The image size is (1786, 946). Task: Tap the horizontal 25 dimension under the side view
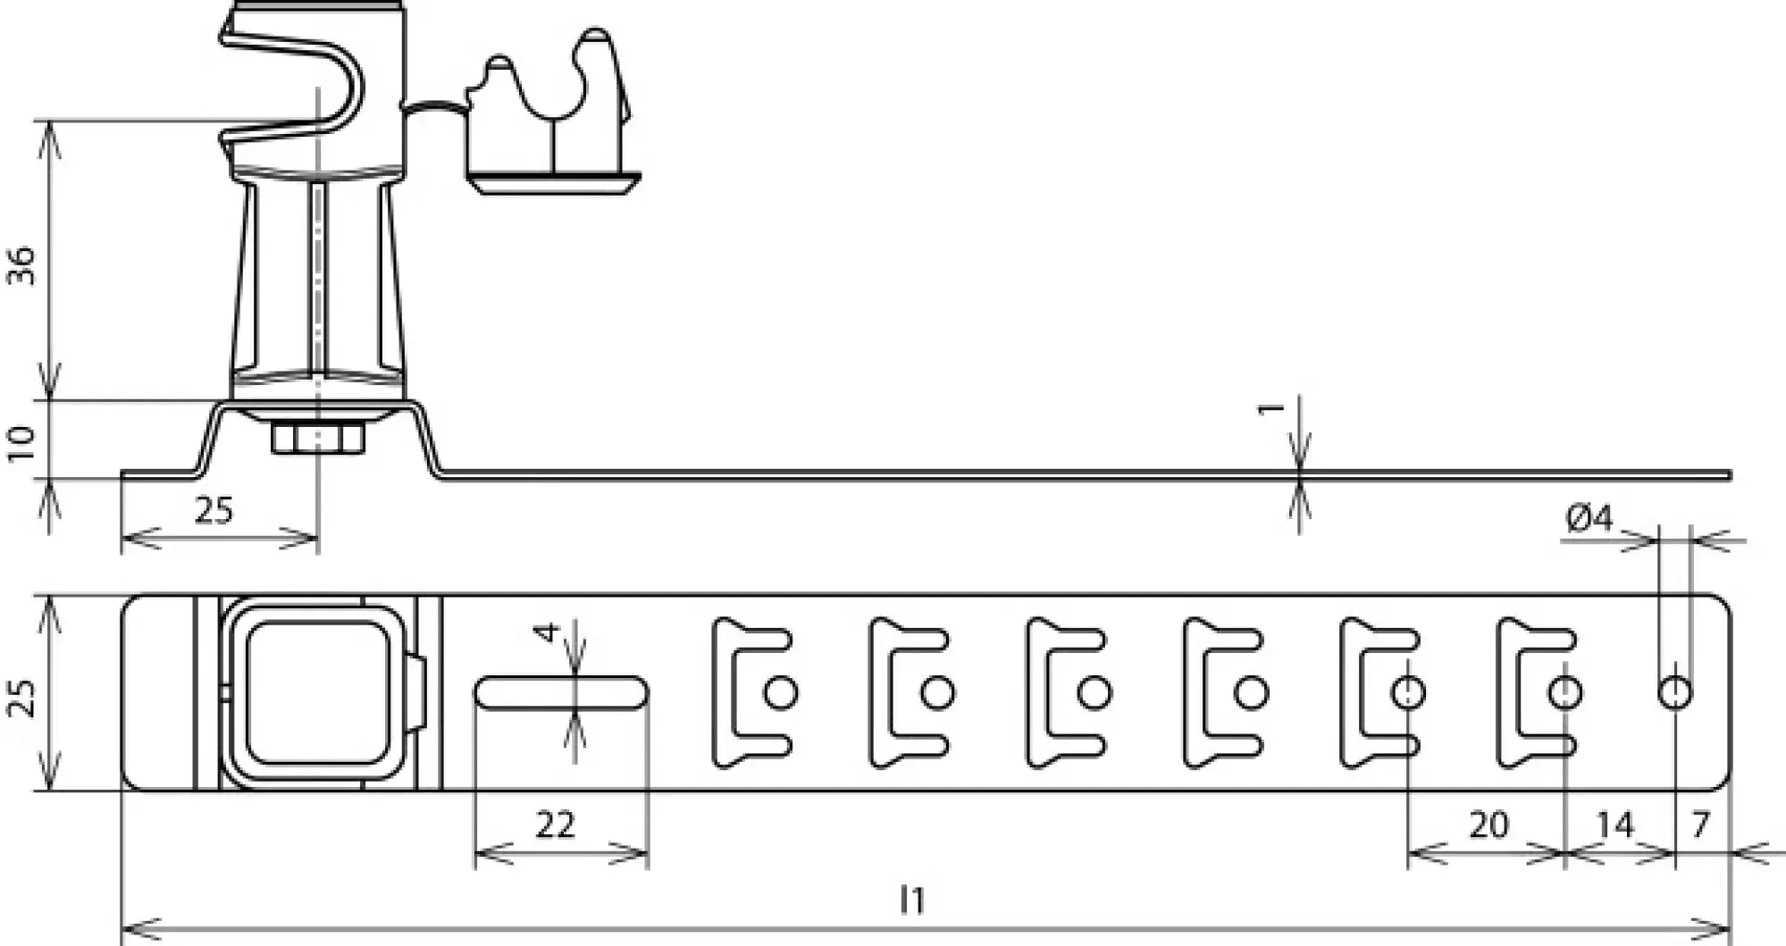(x=214, y=511)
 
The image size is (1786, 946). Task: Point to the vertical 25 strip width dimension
(x=23, y=699)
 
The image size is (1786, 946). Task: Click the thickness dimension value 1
(x=1270, y=408)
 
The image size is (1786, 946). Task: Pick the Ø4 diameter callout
(x=1589, y=518)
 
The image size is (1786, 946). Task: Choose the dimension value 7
(x=1700, y=824)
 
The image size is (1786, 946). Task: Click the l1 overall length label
(x=911, y=900)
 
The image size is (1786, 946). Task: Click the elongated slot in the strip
(x=561, y=693)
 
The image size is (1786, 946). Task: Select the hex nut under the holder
(x=316, y=439)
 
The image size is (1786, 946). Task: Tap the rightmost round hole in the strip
(x=1675, y=692)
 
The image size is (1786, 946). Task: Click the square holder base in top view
(x=316, y=693)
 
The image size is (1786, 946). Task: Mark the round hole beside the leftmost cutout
(x=782, y=692)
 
